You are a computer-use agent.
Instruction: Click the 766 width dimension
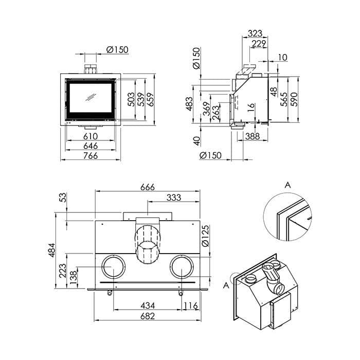coord(91,156)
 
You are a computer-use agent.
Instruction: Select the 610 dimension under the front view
coord(91,136)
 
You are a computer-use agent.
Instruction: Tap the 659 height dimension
coord(150,99)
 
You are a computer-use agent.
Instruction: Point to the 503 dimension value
coord(131,99)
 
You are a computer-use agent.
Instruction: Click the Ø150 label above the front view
coord(117,49)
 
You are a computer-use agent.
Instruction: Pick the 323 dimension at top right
coord(255,33)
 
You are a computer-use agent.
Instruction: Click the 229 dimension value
coord(259,44)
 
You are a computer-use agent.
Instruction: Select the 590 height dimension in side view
coord(294,99)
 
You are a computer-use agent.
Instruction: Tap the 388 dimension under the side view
coord(253,136)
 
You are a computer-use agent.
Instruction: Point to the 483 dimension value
coord(189,104)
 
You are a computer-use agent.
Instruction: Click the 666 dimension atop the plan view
coord(148,187)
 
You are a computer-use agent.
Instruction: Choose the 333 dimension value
coord(174,197)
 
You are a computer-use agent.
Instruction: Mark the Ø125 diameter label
coord(206,236)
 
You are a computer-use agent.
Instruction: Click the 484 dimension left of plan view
coord(52,250)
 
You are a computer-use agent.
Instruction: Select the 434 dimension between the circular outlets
coord(148,306)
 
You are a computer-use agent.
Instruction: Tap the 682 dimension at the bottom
coord(148,316)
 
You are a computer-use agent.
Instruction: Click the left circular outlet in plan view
coord(102,267)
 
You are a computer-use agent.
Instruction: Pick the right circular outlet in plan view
coord(170,267)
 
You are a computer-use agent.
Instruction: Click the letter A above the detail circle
coord(287,185)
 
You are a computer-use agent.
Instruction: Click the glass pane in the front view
coord(91,98)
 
